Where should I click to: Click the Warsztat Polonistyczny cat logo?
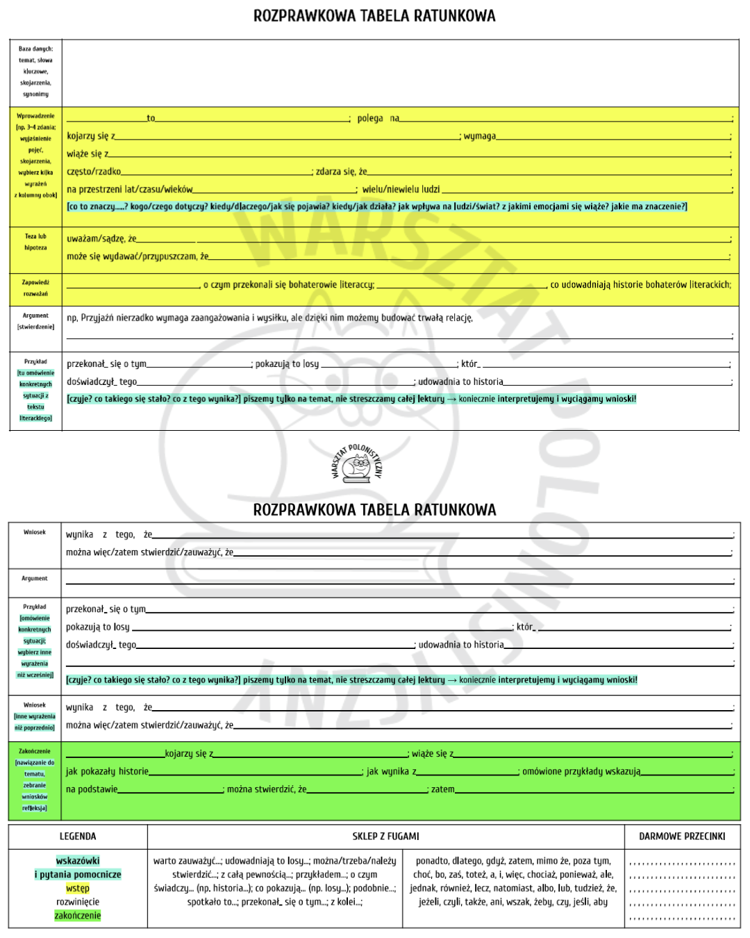pos(357,463)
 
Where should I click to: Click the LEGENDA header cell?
pos(78,837)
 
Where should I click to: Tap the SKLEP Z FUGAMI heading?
pos(385,837)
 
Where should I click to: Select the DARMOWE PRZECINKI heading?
pos(682,837)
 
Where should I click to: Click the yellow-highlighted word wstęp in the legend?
pos(78,889)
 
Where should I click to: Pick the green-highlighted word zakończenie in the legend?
pos(78,916)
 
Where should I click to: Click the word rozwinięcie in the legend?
pos(78,902)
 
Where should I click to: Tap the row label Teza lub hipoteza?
pos(35,242)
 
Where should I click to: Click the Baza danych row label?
pos(35,72)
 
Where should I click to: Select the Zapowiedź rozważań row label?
pos(35,288)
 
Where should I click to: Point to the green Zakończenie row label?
pos(35,751)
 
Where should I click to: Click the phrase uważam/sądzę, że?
pos(101,239)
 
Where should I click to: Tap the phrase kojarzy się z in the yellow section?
pos(91,136)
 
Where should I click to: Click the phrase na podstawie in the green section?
pos(92,789)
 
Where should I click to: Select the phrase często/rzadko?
pos(94,172)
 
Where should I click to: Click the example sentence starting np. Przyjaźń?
pos(269,318)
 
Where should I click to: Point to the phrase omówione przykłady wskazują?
pos(581,771)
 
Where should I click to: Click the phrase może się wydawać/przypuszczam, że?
pos(137,256)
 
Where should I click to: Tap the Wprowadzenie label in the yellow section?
pos(35,116)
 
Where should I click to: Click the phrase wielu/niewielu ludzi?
pos(401,189)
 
